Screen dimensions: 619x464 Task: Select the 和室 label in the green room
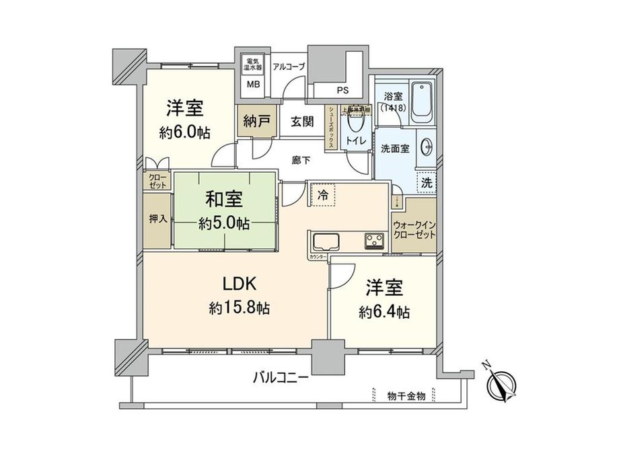click(x=225, y=199)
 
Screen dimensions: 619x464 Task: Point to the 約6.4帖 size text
click(x=384, y=312)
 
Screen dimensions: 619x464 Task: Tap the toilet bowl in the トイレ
click(x=355, y=124)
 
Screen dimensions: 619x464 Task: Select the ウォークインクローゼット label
click(x=414, y=230)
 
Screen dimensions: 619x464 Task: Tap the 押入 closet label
click(x=157, y=219)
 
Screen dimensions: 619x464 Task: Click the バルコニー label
click(x=281, y=378)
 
